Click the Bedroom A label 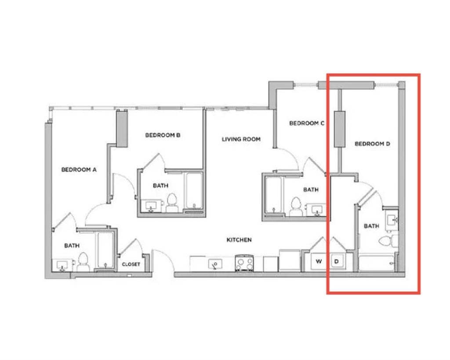click(x=79, y=169)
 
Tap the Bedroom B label click(x=163, y=135)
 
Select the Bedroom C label click(x=306, y=123)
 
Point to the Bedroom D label click(x=372, y=144)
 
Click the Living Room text click(x=241, y=139)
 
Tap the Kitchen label click(x=239, y=240)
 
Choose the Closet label click(x=131, y=264)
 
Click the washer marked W click(x=319, y=261)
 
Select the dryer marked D click(x=337, y=261)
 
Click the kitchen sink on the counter click(x=215, y=264)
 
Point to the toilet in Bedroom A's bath click(x=83, y=262)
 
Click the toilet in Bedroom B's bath click(x=172, y=202)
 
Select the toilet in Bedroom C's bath click(x=296, y=207)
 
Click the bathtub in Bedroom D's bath click(x=377, y=263)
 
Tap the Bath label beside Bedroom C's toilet click(x=311, y=190)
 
